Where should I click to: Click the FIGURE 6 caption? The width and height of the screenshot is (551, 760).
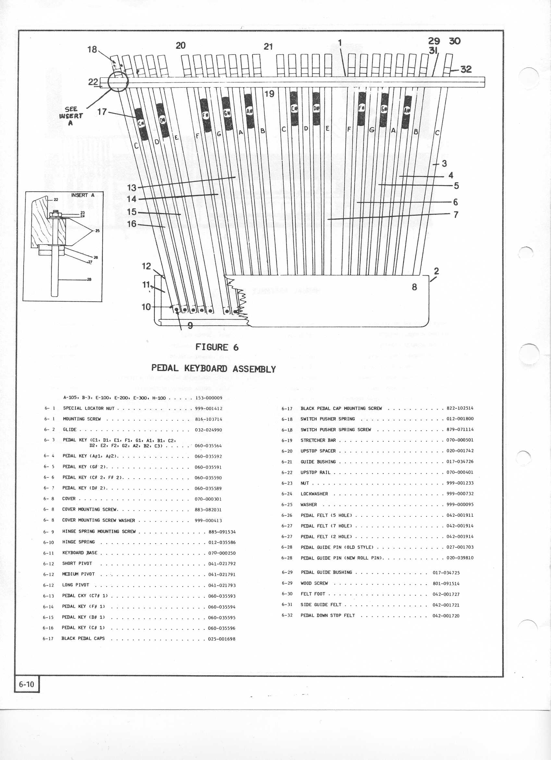[217, 347]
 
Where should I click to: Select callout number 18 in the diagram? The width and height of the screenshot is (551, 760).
[92, 50]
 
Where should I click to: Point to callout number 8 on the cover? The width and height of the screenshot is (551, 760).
[414, 287]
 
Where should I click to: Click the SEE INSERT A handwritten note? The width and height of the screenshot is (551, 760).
[71, 116]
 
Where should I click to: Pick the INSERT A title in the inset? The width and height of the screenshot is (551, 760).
[83, 195]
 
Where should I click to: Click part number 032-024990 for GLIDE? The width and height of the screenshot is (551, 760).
[208, 430]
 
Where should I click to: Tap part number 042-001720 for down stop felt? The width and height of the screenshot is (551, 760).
[446, 615]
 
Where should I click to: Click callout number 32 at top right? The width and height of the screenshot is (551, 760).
[466, 70]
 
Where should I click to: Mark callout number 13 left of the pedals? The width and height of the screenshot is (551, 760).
[131, 188]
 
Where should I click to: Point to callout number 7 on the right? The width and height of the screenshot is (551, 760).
[456, 214]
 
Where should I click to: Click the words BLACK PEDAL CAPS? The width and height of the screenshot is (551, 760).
[83, 638]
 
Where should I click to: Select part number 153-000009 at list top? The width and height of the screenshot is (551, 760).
[209, 398]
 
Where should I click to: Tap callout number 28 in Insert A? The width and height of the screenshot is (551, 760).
[89, 279]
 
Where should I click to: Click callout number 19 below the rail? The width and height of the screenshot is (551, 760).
[269, 94]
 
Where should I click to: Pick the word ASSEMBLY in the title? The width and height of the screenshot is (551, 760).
[254, 369]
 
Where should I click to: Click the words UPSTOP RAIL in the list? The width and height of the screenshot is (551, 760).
[315, 473]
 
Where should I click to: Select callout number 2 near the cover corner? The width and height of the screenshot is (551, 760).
[436, 271]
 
